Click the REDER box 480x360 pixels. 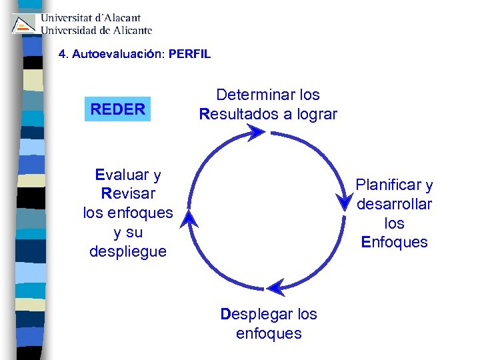pos(118,109)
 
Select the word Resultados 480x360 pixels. pos(239,114)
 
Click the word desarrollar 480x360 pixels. pos(395,204)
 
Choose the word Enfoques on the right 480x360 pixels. pos(395,242)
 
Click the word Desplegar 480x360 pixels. pos(255,313)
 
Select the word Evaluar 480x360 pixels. pos(121,175)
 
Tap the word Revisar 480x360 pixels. pos(128,194)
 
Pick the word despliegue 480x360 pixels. pos(128,252)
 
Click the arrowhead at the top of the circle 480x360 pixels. pos(255,133)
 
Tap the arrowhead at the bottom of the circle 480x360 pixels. pos(274,288)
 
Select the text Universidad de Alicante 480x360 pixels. pos(97,30)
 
